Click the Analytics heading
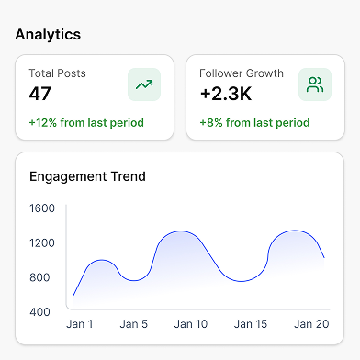(48, 35)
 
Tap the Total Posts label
(57, 73)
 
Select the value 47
(39, 94)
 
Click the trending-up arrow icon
(144, 84)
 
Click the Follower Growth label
(242, 73)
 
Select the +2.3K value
(226, 94)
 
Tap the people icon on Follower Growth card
(315, 84)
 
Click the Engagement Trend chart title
(87, 176)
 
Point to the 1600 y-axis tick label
(42, 208)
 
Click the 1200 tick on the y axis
(42, 243)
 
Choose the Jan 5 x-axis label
(134, 324)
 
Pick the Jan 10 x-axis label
(191, 324)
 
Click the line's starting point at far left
(73, 296)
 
